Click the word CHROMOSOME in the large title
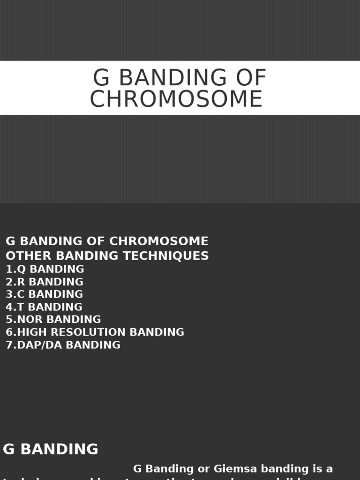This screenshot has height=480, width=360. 176,99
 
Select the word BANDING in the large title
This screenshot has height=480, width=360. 173,78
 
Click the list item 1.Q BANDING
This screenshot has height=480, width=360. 45,269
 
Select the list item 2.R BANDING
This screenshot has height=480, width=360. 45,282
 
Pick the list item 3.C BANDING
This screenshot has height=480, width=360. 44,294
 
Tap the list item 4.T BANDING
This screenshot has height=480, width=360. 44,307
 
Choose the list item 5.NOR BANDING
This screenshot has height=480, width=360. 53,320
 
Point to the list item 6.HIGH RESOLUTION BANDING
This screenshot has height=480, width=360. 95,332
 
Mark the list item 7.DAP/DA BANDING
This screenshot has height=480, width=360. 63,345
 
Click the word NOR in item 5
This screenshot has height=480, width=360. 29,320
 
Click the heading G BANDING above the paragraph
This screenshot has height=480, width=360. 51,449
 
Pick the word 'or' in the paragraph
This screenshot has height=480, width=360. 204,469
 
